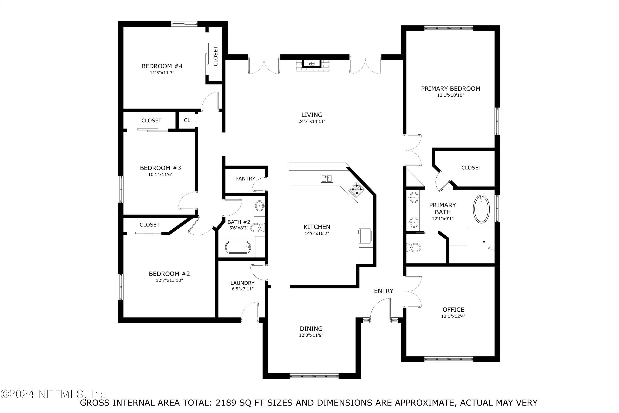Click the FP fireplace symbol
click(x=312, y=63)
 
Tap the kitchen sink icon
click(x=327, y=179)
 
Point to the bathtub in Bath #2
click(x=238, y=247)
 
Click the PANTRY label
click(x=245, y=179)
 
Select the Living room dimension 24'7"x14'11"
click(x=312, y=121)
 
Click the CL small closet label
click(x=187, y=120)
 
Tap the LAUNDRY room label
click(x=242, y=283)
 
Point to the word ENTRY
click(x=383, y=291)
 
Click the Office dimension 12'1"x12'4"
click(x=453, y=316)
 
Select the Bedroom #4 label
click(x=162, y=66)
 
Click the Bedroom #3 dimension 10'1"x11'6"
click(x=160, y=174)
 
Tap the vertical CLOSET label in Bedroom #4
click(x=216, y=56)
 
